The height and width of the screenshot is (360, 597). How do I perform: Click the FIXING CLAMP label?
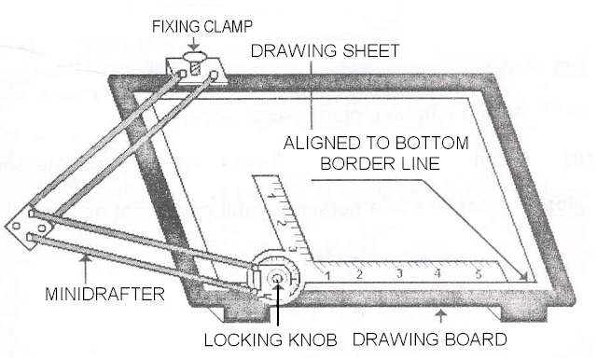202,27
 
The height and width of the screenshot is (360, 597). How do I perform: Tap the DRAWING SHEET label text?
325,50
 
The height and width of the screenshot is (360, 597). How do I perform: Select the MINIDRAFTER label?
105,294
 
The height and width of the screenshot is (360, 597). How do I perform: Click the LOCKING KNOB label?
271,339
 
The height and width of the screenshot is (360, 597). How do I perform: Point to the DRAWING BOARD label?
430,339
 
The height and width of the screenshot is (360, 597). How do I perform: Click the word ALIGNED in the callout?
322,143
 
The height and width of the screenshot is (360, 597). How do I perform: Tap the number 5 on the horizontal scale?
479,273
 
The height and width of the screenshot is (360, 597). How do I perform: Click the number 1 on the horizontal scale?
327,275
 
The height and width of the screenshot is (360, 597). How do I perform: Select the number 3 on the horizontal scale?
399,273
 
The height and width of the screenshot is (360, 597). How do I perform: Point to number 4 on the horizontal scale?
437,273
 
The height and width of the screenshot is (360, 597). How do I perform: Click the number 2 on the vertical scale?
281,223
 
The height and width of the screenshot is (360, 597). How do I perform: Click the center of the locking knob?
277,279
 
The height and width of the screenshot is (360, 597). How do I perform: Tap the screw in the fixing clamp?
195,68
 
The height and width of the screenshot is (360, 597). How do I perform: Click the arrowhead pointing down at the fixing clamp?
194,47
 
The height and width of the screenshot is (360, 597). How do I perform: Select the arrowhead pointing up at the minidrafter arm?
86,258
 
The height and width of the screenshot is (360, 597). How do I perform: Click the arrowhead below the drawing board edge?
441,312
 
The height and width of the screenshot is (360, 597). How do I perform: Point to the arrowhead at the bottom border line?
523,277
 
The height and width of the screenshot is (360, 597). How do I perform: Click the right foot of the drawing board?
523,314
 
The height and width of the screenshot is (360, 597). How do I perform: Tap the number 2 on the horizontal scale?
359,274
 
